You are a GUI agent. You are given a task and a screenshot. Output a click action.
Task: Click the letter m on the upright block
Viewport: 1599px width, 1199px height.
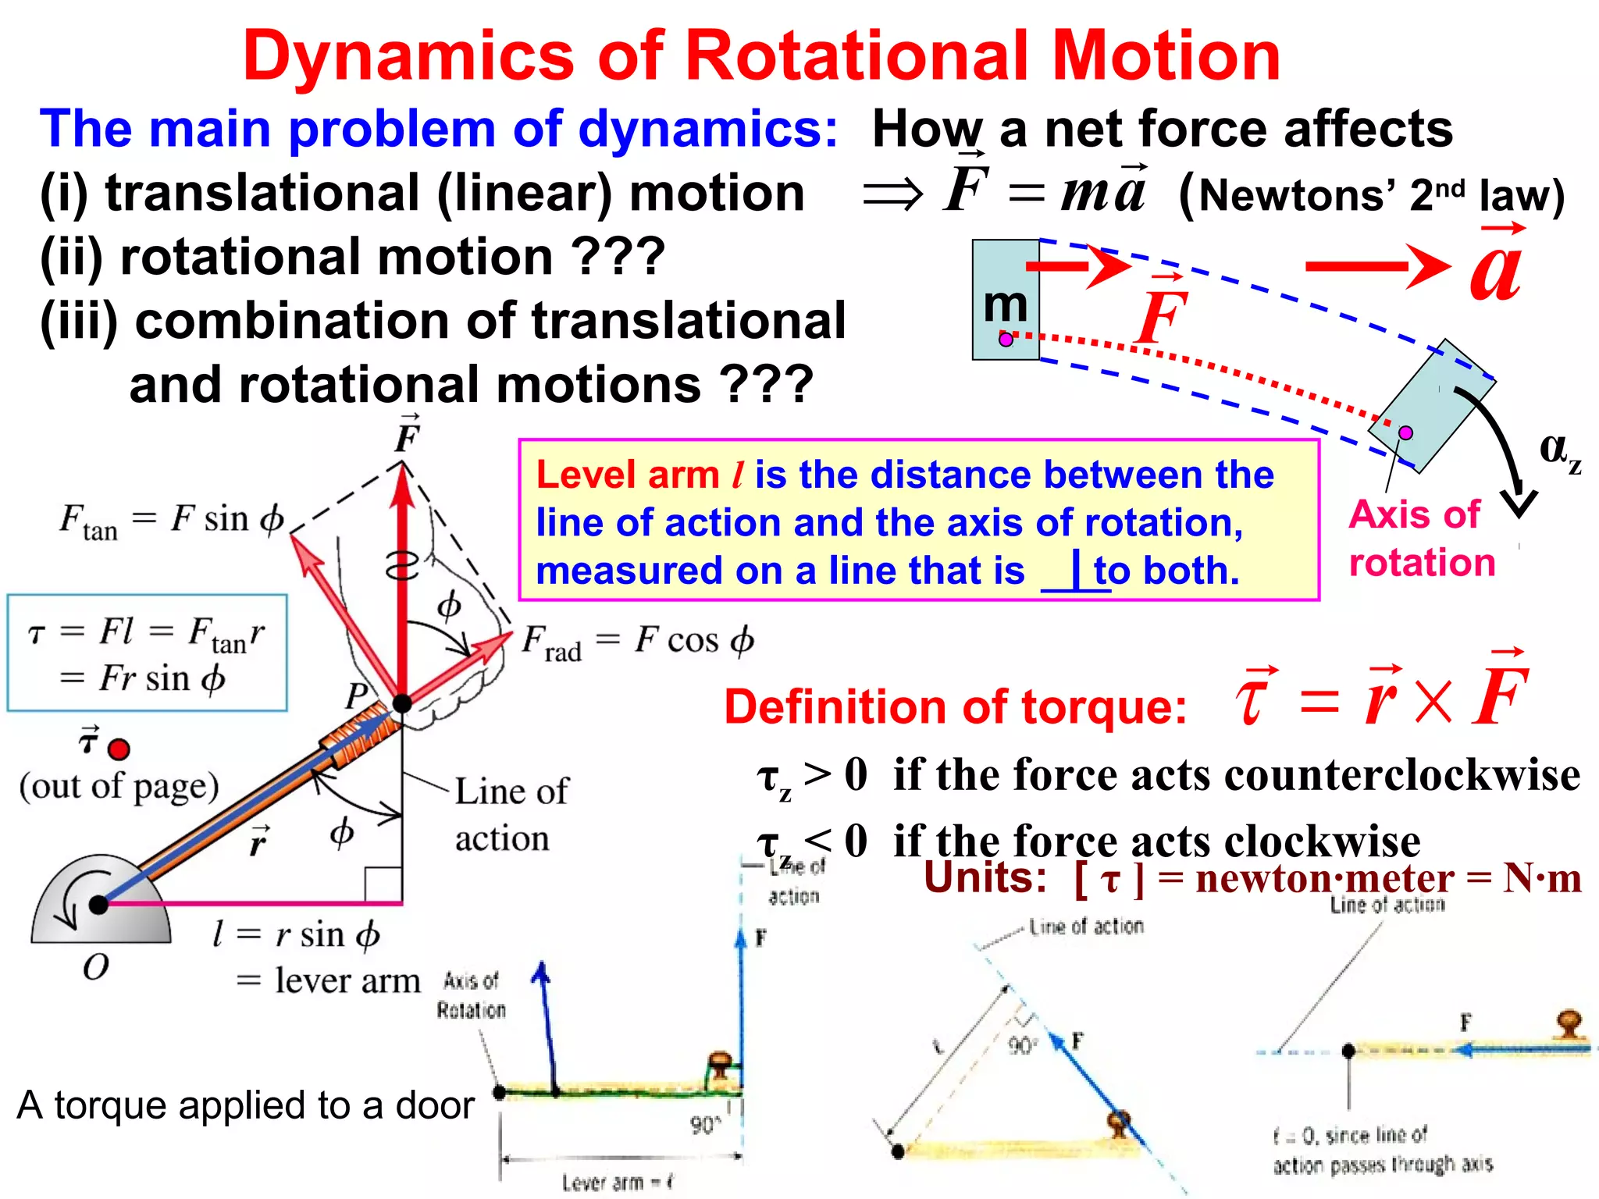point(1005,304)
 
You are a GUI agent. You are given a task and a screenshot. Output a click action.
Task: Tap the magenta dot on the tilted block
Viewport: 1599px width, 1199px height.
point(1405,432)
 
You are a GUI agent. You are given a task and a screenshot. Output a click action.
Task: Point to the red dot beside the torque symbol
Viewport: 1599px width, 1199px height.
point(119,750)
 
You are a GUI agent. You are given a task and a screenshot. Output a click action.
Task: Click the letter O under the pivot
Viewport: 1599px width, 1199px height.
point(96,967)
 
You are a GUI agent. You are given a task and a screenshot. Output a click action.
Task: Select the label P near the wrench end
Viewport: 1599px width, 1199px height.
point(357,694)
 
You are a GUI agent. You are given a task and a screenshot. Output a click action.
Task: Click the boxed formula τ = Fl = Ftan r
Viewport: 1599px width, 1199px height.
point(147,653)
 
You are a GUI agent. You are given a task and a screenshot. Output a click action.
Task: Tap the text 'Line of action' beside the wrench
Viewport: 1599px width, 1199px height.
point(511,814)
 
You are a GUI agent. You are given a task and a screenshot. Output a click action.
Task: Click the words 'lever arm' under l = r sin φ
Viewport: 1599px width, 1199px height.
point(347,980)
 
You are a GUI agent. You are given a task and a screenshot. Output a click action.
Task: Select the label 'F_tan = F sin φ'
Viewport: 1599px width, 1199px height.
point(172,521)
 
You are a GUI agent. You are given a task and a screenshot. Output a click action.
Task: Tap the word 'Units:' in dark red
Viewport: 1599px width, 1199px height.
point(985,877)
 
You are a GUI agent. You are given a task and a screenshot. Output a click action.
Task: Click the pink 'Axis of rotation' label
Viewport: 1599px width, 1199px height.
point(1421,539)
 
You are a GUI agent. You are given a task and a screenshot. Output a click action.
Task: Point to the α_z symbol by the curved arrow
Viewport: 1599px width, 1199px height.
point(1558,451)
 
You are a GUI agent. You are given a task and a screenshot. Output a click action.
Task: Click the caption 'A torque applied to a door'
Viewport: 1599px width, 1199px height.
point(245,1105)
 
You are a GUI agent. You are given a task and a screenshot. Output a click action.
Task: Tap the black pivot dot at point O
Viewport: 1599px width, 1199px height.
point(98,905)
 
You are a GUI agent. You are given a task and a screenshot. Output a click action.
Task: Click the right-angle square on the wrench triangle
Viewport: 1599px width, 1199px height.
point(383,885)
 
